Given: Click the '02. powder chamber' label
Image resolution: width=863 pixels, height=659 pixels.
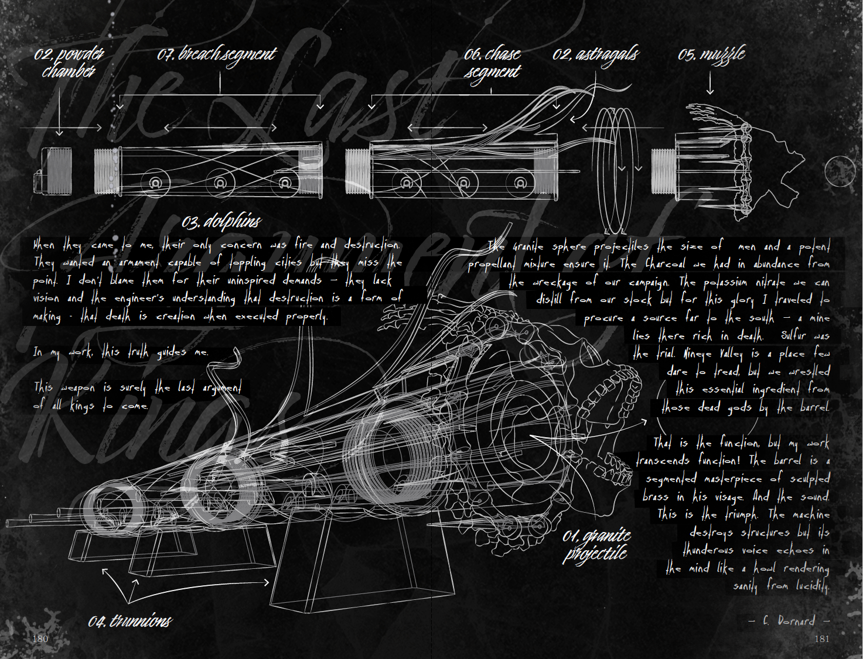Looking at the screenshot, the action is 69,63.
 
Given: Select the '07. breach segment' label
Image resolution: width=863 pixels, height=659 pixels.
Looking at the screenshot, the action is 216,54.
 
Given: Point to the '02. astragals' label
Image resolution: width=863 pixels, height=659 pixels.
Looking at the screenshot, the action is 595,54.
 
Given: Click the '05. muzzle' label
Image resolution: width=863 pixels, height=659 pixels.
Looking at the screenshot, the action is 711,54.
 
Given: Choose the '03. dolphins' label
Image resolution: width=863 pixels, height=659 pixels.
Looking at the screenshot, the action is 221,221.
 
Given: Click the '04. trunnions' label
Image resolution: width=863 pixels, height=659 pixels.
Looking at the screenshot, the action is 130,621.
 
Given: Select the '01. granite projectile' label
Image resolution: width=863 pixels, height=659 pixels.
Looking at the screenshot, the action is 596,544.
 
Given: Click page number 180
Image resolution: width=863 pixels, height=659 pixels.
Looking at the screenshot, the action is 40,639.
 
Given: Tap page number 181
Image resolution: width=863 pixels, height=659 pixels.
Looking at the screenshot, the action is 822,639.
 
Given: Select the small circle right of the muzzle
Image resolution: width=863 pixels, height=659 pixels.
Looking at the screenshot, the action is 840,171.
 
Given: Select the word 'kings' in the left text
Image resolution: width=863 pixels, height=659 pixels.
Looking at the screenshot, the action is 81,405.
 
